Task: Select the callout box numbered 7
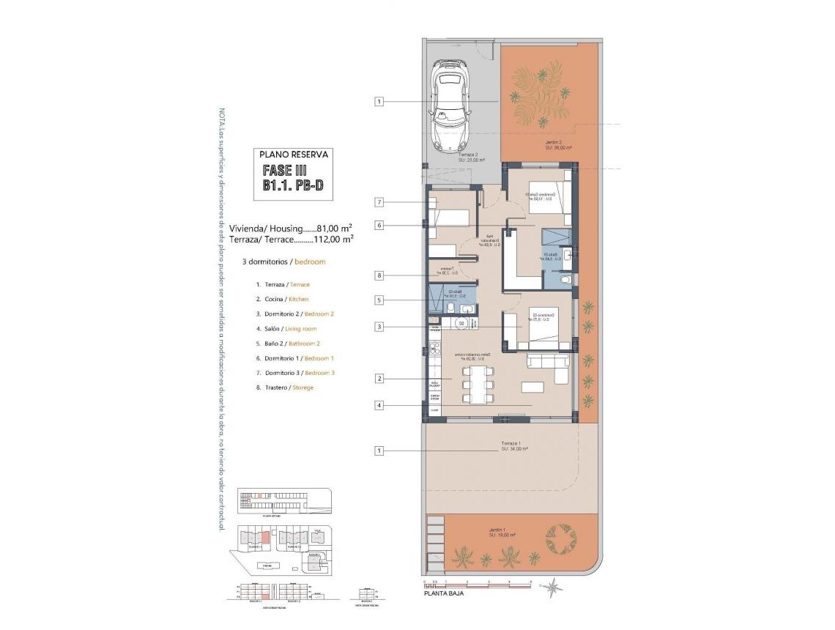[379, 202]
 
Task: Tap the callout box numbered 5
[379, 300]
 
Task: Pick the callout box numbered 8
[379, 275]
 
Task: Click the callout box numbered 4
[379, 404]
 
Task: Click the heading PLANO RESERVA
[294, 155]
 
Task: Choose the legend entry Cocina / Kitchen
[282, 299]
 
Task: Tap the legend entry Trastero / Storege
[284, 387]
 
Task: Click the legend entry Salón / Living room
[286, 328]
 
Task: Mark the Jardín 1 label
[501, 530]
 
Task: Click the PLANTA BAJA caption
[443, 594]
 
